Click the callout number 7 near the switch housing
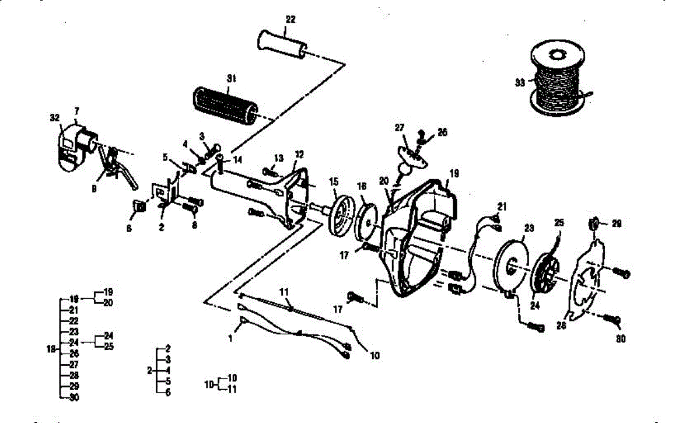76,110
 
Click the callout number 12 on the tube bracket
299,154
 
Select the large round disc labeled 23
510,262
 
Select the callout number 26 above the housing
442,132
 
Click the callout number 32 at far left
54,117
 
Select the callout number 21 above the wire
502,206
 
